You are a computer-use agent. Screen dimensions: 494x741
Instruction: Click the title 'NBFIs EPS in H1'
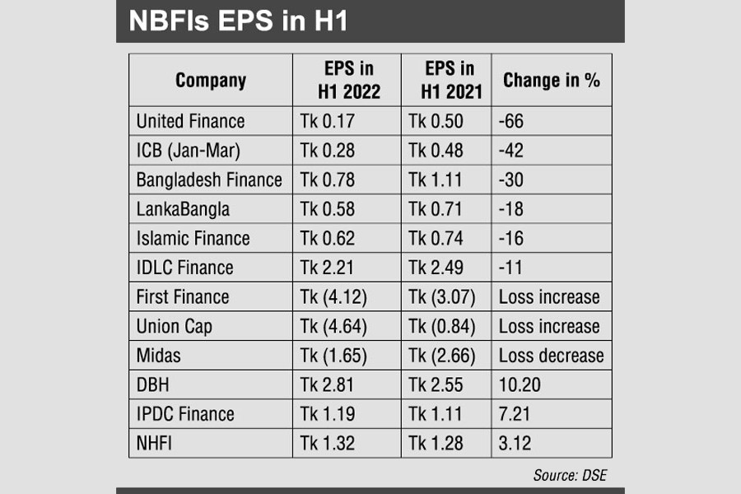pos(239,21)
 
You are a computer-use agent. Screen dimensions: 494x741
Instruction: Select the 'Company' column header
pos(211,80)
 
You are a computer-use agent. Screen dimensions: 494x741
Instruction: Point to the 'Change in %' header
pos(552,80)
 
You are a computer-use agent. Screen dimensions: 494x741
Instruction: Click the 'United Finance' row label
pos(190,122)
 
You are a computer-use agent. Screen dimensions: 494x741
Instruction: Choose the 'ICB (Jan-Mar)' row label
pos(189,151)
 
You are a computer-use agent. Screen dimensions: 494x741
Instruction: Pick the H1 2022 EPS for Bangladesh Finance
pos(328,179)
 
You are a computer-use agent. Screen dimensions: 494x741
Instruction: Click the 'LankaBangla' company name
pos(183,209)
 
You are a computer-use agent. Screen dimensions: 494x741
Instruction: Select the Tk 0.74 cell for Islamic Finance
pos(436,239)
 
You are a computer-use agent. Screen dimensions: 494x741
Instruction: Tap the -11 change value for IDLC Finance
pos(511,268)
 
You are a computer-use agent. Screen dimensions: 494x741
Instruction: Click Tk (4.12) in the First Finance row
pos(333,297)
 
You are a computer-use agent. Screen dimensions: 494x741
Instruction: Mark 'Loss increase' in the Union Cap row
pos(549,326)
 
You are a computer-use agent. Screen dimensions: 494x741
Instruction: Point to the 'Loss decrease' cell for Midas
pos(551,356)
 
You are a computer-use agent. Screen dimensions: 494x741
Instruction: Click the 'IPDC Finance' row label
pos(185,414)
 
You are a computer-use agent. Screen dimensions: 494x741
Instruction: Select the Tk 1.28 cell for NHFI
pos(436,444)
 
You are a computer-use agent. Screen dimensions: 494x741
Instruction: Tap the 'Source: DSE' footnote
pos(569,475)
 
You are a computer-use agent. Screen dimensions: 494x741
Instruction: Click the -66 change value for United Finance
pos(511,122)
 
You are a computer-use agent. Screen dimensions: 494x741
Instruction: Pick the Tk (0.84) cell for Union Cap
pos(442,326)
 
